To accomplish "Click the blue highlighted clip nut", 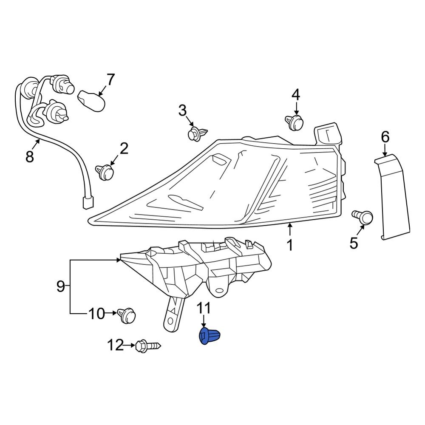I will click(x=210, y=336).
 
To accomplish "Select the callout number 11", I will click(x=204, y=308).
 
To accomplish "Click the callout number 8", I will click(x=29, y=157).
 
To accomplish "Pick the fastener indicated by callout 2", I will click(x=105, y=171).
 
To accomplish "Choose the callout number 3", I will click(x=182, y=111).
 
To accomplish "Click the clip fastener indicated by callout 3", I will click(x=197, y=133).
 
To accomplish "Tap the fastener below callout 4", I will click(x=295, y=122).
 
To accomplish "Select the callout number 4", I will click(x=295, y=94).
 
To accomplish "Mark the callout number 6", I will click(x=385, y=137).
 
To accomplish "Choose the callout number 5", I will click(x=354, y=243).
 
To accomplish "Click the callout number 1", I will click(x=289, y=245).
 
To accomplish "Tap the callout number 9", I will click(x=60, y=286).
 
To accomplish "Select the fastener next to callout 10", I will click(x=128, y=315).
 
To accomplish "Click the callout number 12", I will click(x=115, y=346).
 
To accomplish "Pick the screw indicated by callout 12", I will click(x=147, y=346).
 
